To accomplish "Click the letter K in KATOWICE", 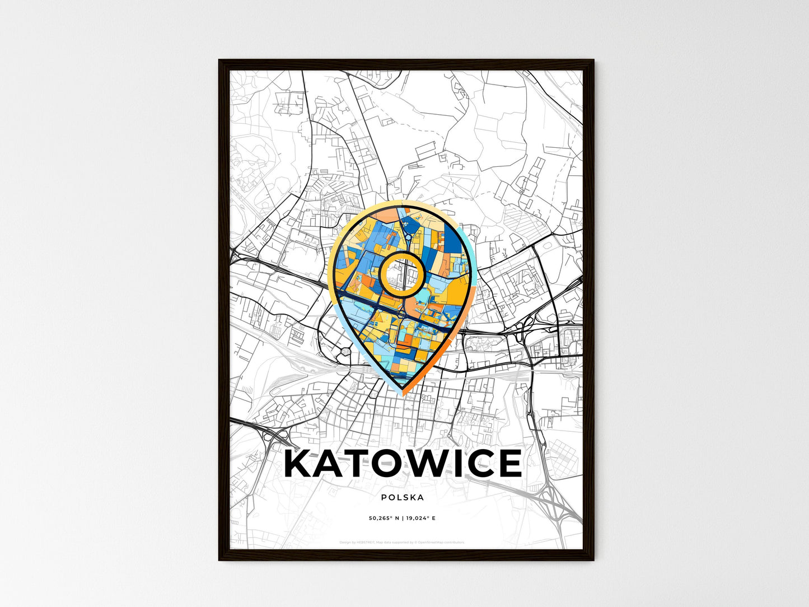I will click(x=300, y=464).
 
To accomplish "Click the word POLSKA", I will click(x=402, y=497).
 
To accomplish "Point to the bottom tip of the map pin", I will click(x=403, y=394).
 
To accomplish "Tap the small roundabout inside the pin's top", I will click(x=409, y=238).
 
